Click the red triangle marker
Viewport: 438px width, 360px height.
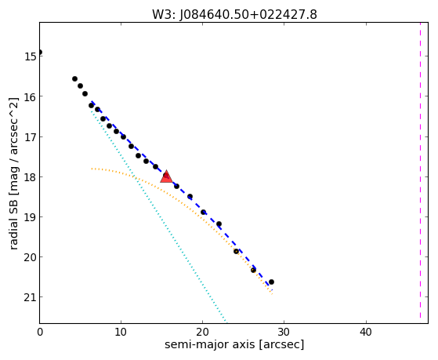[x=166, y=176]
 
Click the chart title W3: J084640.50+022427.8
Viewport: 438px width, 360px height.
[x=234, y=14]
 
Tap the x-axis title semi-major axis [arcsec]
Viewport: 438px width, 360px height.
[x=234, y=344]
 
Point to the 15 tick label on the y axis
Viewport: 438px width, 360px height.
[x=30, y=56]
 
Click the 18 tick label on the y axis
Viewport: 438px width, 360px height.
[x=30, y=177]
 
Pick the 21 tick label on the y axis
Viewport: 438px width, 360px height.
[x=30, y=297]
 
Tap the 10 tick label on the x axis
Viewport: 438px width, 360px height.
[x=121, y=333]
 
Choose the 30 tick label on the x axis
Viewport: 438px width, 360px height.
[x=284, y=333]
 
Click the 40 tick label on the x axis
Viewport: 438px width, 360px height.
[x=366, y=333]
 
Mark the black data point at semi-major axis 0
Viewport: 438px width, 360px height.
[x=40, y=53]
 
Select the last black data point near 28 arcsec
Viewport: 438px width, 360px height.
[x=271, y=282]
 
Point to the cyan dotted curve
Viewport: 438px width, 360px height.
[x=158, y=216]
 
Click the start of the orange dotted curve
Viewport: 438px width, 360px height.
[x=92, y=169]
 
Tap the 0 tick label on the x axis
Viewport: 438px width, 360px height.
[x=40, y=333]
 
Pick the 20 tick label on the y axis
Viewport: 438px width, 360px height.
[x=30, y=257]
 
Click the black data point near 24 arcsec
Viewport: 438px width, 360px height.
[x=236, y=252]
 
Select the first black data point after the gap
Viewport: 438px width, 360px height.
[x=75, y=79]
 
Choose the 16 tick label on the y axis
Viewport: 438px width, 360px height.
[x=30, y=96]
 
